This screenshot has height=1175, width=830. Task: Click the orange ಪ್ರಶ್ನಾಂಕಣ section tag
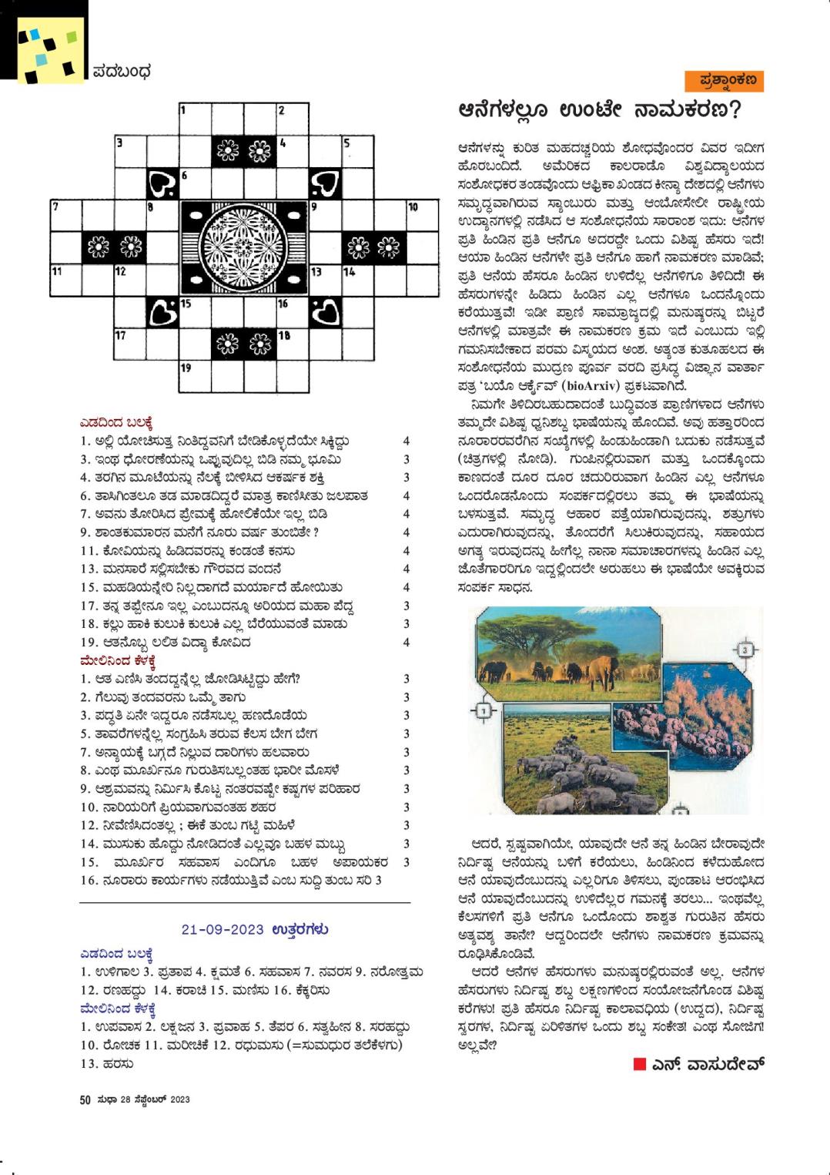pyautogui.click(x=724, y=80)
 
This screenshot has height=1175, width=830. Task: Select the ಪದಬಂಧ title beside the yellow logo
pyautogui.click(x=122, y=72)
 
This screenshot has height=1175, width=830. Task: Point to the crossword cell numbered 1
pyautogui.click(x=196, y=119)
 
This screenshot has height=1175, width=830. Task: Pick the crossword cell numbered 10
pyautogui.click(x=422, y=216)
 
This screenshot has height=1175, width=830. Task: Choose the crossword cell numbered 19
pyautogui.click(x=196, y=377)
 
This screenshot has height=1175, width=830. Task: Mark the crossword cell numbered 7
pyautogui.click(x=66, y=216)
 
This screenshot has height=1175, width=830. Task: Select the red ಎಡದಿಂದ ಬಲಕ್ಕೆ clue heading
pyautogui.click(x=116, y=422)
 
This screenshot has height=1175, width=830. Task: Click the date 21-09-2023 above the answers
pyautogui.click(x=223, y=929)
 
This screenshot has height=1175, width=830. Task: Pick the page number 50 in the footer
pyautogui.click(x=85, y=1099)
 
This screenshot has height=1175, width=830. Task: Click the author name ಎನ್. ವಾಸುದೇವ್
pyautogui.click(x=708, y=1064)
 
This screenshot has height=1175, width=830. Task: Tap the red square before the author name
pyautogui.click(x=639, y=1064)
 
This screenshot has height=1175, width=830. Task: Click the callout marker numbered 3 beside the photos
pyautogui.click(x=745, y=650)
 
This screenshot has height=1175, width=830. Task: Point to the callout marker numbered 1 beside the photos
pyautogui.click(x=484, y=710)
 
